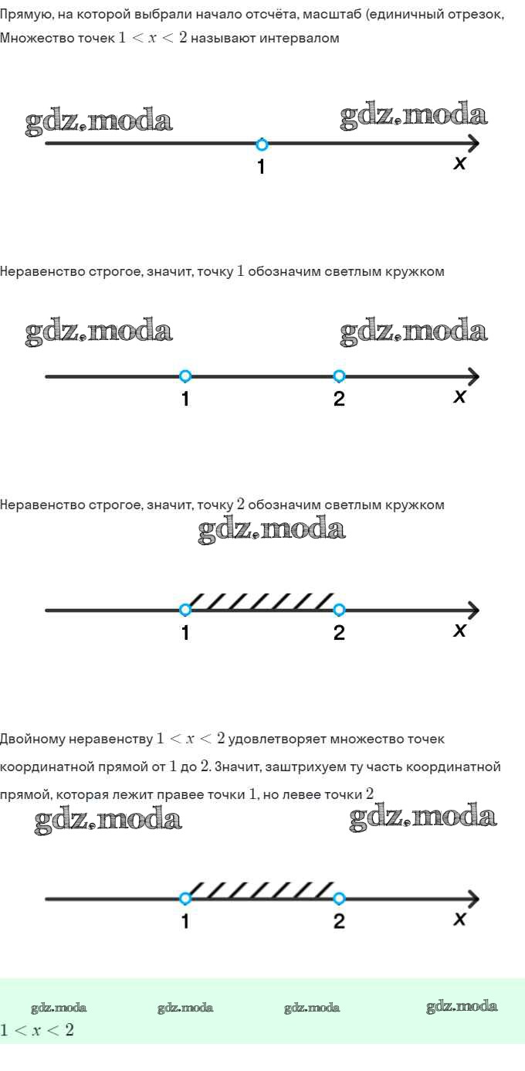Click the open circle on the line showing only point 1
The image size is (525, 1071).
coord(262,144)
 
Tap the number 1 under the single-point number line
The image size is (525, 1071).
coord(261,166)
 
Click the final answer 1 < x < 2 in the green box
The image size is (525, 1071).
coord(37,1030)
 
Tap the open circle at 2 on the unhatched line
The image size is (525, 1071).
coord(339,376)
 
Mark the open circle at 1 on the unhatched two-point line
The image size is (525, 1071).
coord(185,376)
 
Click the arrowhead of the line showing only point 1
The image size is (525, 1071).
coord(472,144)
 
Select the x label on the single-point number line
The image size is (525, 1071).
coord(459,163)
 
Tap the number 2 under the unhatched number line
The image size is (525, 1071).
coord(339,399)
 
